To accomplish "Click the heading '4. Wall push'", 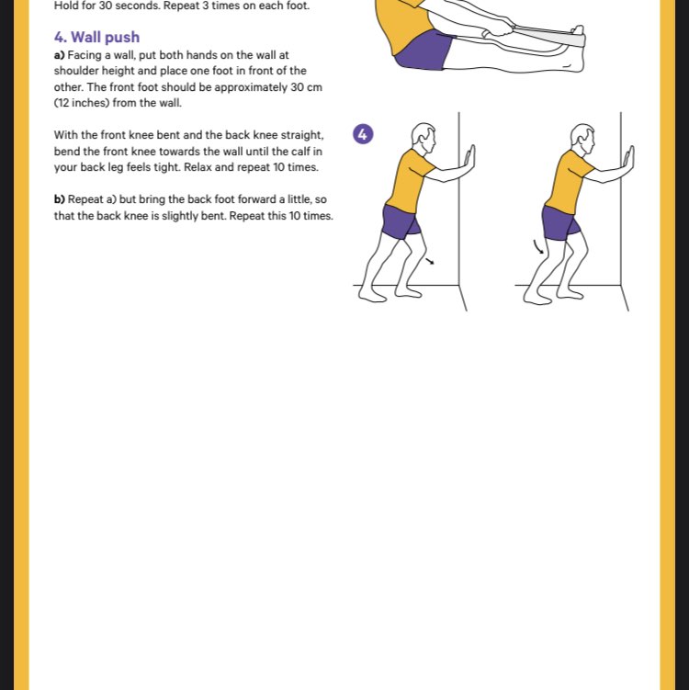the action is point(96,38).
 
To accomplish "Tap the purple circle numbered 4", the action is point(363,134).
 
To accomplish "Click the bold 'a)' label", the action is point(60,55).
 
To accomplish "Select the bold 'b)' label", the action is point(60,199).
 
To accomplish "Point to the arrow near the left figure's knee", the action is point(430,261).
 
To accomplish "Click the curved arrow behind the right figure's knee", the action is point(538,247).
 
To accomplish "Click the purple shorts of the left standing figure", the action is point(401,222).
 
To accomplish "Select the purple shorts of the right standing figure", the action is point(560,223).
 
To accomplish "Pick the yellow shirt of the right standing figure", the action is point(569,181).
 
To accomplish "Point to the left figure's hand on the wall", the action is point(469,162).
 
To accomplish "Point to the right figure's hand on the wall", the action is point(629,162).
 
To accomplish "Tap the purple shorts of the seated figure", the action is point(424,51).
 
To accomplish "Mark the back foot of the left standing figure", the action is point(372,294).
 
